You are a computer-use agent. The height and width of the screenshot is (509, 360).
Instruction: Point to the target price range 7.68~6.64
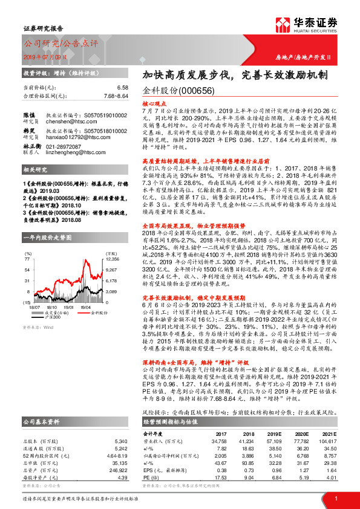[114, 96]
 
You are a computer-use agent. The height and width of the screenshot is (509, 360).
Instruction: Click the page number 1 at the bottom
[335, 498]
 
